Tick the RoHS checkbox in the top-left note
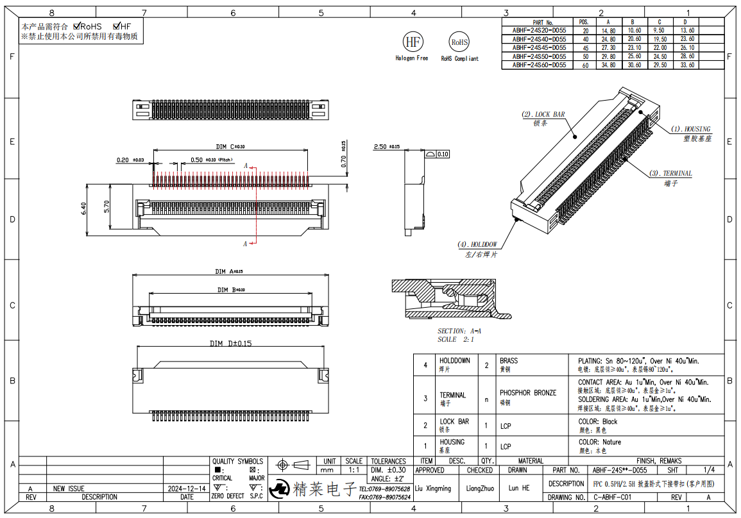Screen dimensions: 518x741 tap(77, 26)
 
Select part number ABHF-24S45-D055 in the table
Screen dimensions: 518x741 tap(539, 47)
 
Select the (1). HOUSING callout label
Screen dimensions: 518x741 tap(690, 129)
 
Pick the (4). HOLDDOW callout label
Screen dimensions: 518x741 tap(477, 244)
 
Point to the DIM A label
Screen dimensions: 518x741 tap(224, 271)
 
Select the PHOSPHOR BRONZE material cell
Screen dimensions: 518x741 tap(528, 392)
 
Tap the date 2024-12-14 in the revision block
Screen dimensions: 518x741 tap(186, 488)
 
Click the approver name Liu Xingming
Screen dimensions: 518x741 tap(433, 488)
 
